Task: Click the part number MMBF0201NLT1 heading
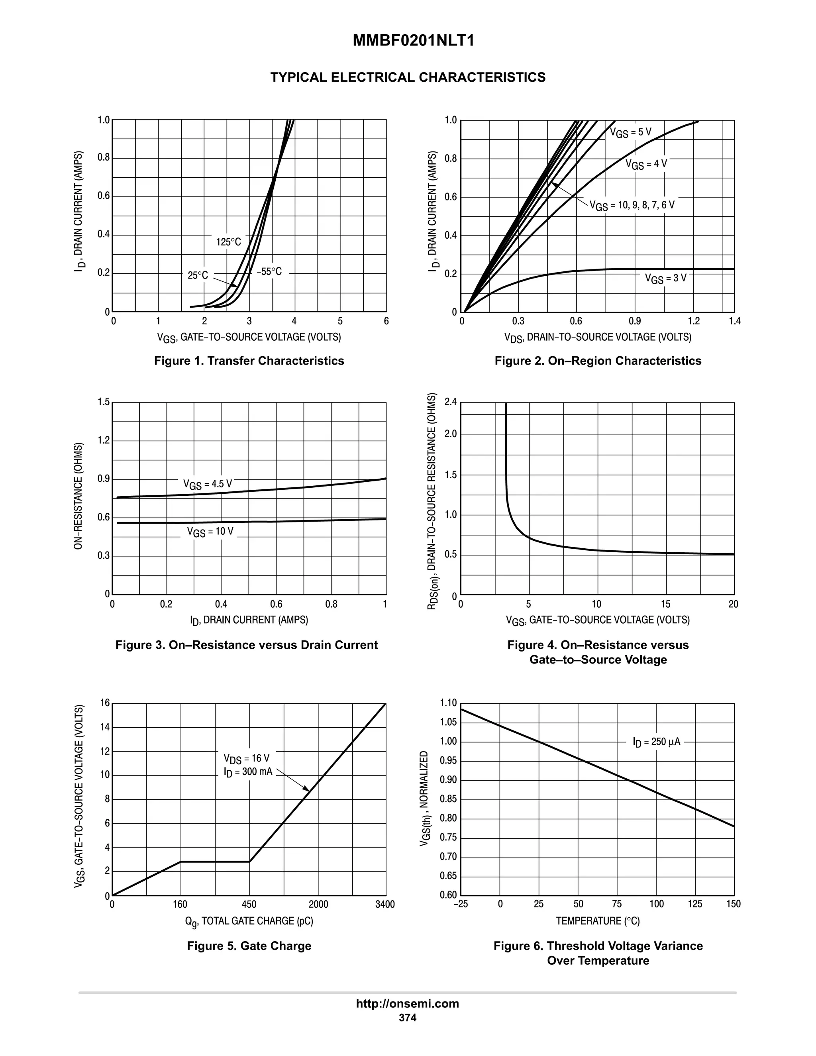[413, 41]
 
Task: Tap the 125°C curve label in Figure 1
[228, 242]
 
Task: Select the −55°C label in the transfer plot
[269, 272]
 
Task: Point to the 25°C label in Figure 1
[198, 275]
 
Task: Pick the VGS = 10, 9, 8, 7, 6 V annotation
[632, 206]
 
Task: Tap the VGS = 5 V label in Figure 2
[630, 132]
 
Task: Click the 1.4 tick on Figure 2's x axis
[734, 322]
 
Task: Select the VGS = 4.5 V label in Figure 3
[207, 485]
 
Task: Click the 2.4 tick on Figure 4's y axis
[450, 402]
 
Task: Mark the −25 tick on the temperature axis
[460, 905]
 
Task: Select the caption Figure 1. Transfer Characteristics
[249, 361]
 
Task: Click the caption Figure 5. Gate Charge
[249, 946]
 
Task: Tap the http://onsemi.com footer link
[408, 1003]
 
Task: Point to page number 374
[408, 1018]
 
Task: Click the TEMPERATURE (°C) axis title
[598, 921]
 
